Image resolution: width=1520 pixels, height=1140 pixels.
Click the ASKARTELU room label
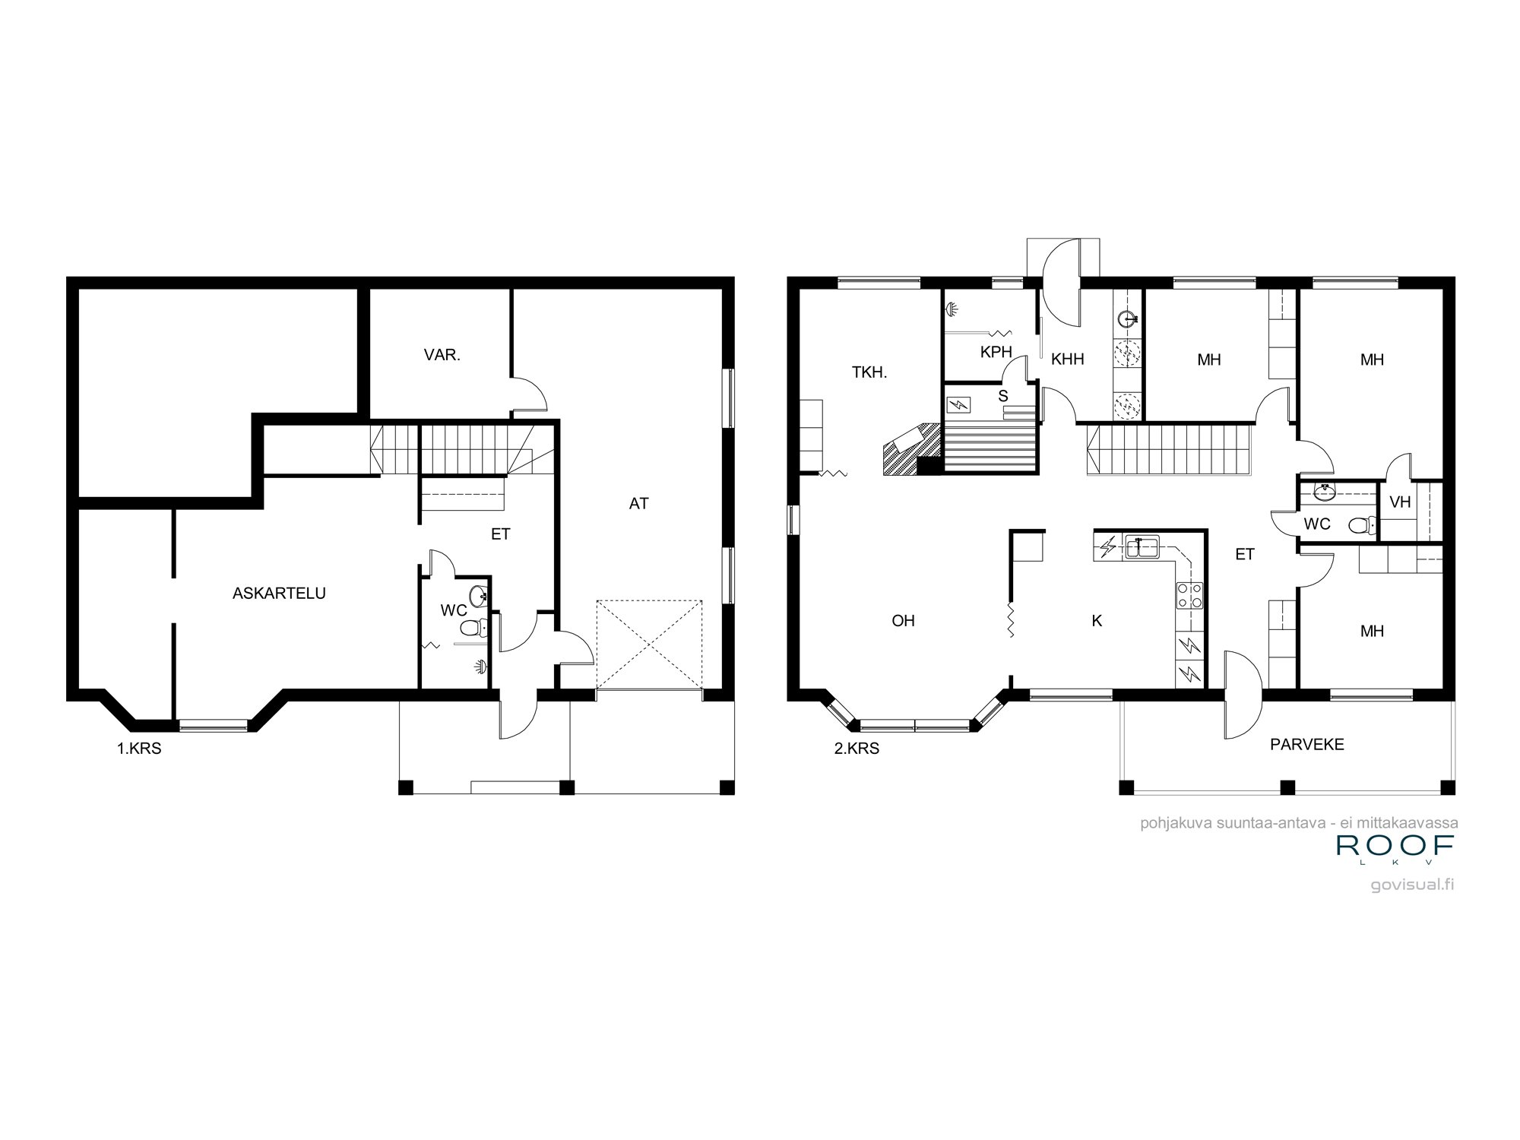pyautogui.click(x=279, y=594)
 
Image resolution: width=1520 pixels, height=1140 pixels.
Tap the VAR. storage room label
pyautogui.click(x=442, y=355)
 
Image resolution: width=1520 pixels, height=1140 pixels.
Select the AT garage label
pyautogui.click(x=638, y=503)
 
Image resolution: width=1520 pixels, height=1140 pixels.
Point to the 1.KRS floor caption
pyautogui.click(x=138, y=749)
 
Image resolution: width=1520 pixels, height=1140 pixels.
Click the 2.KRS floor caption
pyautogui.click(x=857, y=749)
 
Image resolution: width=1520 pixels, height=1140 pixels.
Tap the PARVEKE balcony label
pyautogui.click(x=1306, y=745)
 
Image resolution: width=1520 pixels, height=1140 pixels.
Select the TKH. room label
pyautogui.click(x=869, y=373)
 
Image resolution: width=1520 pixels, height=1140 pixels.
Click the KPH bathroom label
pyautogui.click(x=996, y=352)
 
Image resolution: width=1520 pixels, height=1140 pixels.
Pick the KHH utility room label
pyautogui.click(x=1067, y=359)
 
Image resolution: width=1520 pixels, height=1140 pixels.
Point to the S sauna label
pyautogui.click(x=1002, y=396)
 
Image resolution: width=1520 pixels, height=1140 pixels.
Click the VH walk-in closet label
pyautogui.click(x=1399, y=502)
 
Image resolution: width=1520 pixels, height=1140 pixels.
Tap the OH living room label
pyautogui.click(x=903, y=621)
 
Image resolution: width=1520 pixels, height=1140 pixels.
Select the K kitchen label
pyautogui.click(x=1096, y=621)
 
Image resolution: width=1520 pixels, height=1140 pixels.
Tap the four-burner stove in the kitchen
pyautogui.click(x=1189, y=595)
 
